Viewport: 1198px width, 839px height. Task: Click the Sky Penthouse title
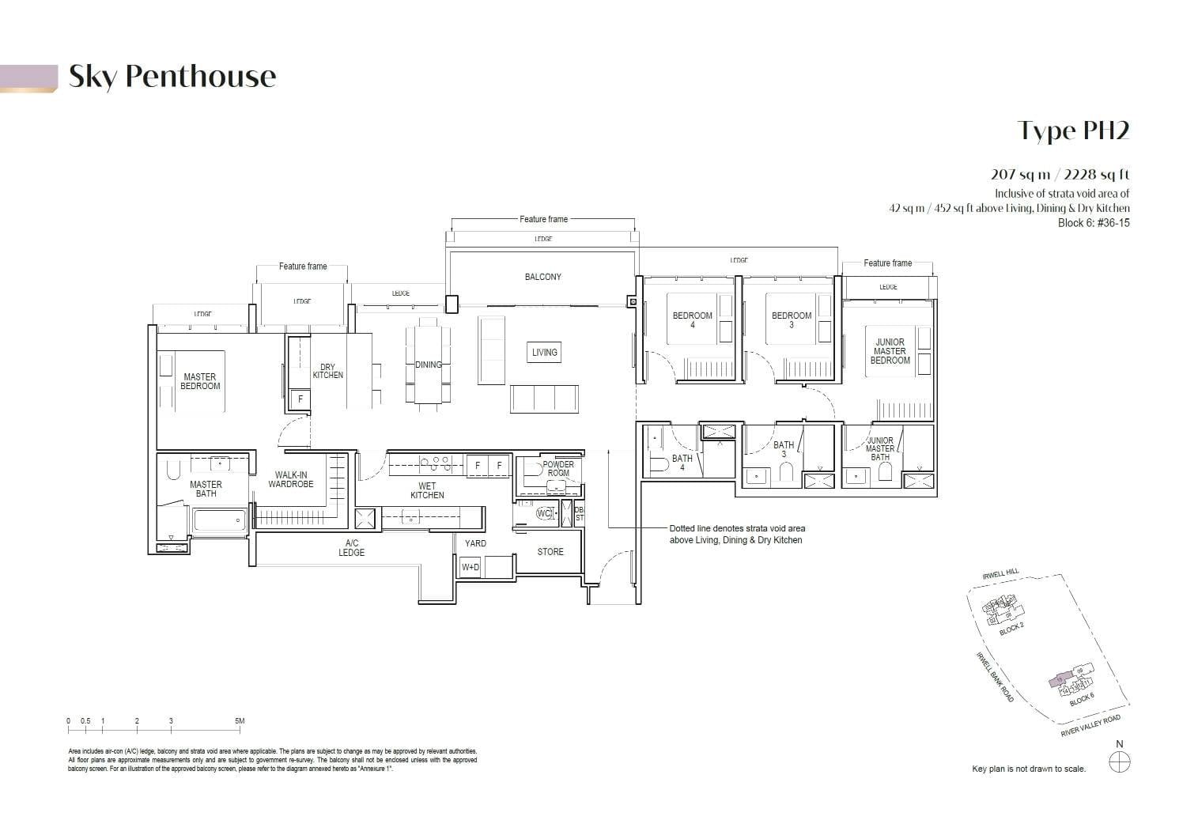point(172,77)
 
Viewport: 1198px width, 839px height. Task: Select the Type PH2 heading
point(1073,130)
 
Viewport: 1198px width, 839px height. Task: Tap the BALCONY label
point(542,277)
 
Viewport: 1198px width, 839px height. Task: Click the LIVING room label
point(544,353)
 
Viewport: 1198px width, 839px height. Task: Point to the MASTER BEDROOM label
point(200,382)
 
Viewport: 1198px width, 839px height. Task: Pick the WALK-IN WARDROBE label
point(291,480)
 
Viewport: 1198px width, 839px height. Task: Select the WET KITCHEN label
point(427,491)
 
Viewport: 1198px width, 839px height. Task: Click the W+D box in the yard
point(471,567)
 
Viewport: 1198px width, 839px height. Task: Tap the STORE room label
point(550,552)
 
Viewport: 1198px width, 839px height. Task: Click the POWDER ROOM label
point(558,469)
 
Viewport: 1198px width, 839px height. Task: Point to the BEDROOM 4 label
point(692,320)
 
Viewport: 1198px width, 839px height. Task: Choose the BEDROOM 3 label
point(792,320)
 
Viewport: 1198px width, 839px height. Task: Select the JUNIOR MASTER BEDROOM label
point(890,351)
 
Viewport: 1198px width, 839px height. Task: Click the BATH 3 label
point(784,449)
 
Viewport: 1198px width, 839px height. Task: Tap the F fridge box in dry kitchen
point(300,400)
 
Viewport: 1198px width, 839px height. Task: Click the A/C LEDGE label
point(352,548)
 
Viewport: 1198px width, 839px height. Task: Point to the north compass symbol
point(1120,762)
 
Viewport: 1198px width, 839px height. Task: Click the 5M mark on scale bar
point(240,721)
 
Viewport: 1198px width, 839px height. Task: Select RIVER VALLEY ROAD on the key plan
point(1090,726)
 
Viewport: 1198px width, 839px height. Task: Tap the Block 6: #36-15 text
point(1094,223)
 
